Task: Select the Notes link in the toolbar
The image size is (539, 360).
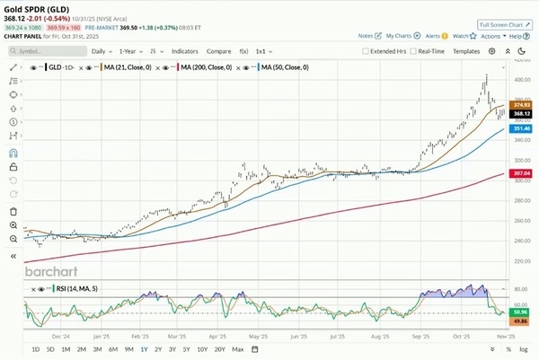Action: pos(366,36)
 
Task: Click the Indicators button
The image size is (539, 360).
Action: pos(185,52)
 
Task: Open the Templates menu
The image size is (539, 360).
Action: pos(466,52)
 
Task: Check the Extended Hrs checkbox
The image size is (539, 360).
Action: pos(365,52)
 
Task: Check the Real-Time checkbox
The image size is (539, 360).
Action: pos(412,52)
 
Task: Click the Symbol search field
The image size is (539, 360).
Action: pos(49,52)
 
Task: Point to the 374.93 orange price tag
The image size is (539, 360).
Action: pos(522,106)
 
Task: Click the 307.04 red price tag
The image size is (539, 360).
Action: pos(522,173)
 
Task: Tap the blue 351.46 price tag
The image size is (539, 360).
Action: pos(522,129)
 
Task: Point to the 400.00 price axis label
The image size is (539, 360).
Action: pos(521,80)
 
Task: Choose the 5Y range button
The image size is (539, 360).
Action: pos(185,348)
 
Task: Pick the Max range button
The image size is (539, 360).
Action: pos(237,348)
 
